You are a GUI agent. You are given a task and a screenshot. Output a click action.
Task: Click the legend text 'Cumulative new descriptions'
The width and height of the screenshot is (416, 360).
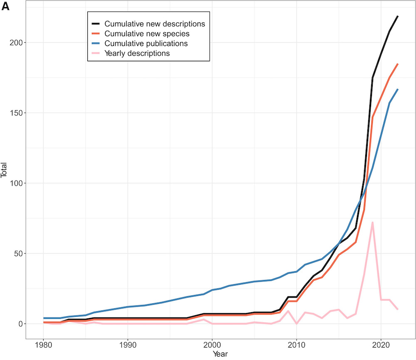tap(155, 23)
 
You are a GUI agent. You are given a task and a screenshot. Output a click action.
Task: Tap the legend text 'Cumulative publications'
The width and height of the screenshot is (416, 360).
tap(146, 43)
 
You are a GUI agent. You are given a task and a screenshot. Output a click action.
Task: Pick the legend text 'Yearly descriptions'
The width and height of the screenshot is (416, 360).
tap(137, 53)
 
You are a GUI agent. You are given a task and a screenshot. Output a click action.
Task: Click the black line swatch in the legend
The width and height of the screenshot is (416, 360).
tap(96, 23)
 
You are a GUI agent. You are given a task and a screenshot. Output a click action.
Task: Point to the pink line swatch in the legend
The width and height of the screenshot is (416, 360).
tap(96, 53)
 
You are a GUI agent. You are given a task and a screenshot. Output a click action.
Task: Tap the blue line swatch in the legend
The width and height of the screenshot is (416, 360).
tap(96, 43)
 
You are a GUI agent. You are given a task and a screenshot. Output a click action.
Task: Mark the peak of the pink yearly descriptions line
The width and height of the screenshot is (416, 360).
tap(372, 222)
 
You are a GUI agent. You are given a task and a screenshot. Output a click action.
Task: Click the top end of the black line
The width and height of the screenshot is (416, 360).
tap(398, 16)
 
